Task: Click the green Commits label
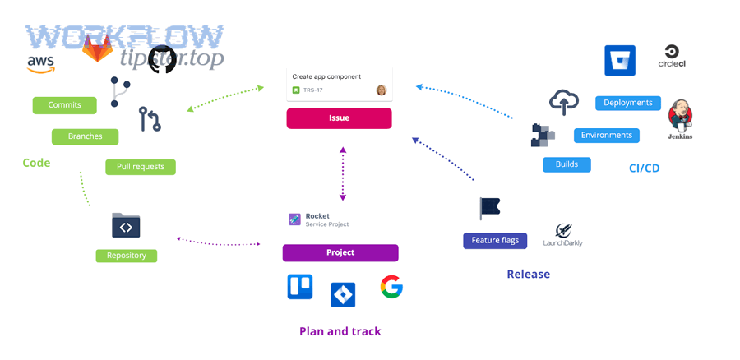point(64,105)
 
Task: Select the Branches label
point(86,136)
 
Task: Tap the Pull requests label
point(140,167)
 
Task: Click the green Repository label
point(126,256)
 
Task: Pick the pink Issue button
point(339,118)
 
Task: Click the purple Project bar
point(340,252)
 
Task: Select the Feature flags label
point(495,241)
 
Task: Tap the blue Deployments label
point(628,104)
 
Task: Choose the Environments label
point(607,136)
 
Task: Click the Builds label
point(567,164)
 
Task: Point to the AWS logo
point(41,63)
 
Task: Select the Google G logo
point(391,287)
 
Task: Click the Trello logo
point(300,287)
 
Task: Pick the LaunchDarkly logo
point(563,235)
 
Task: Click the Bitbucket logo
point(620,61)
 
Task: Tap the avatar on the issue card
point(382,90)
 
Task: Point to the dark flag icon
point(490,208)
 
